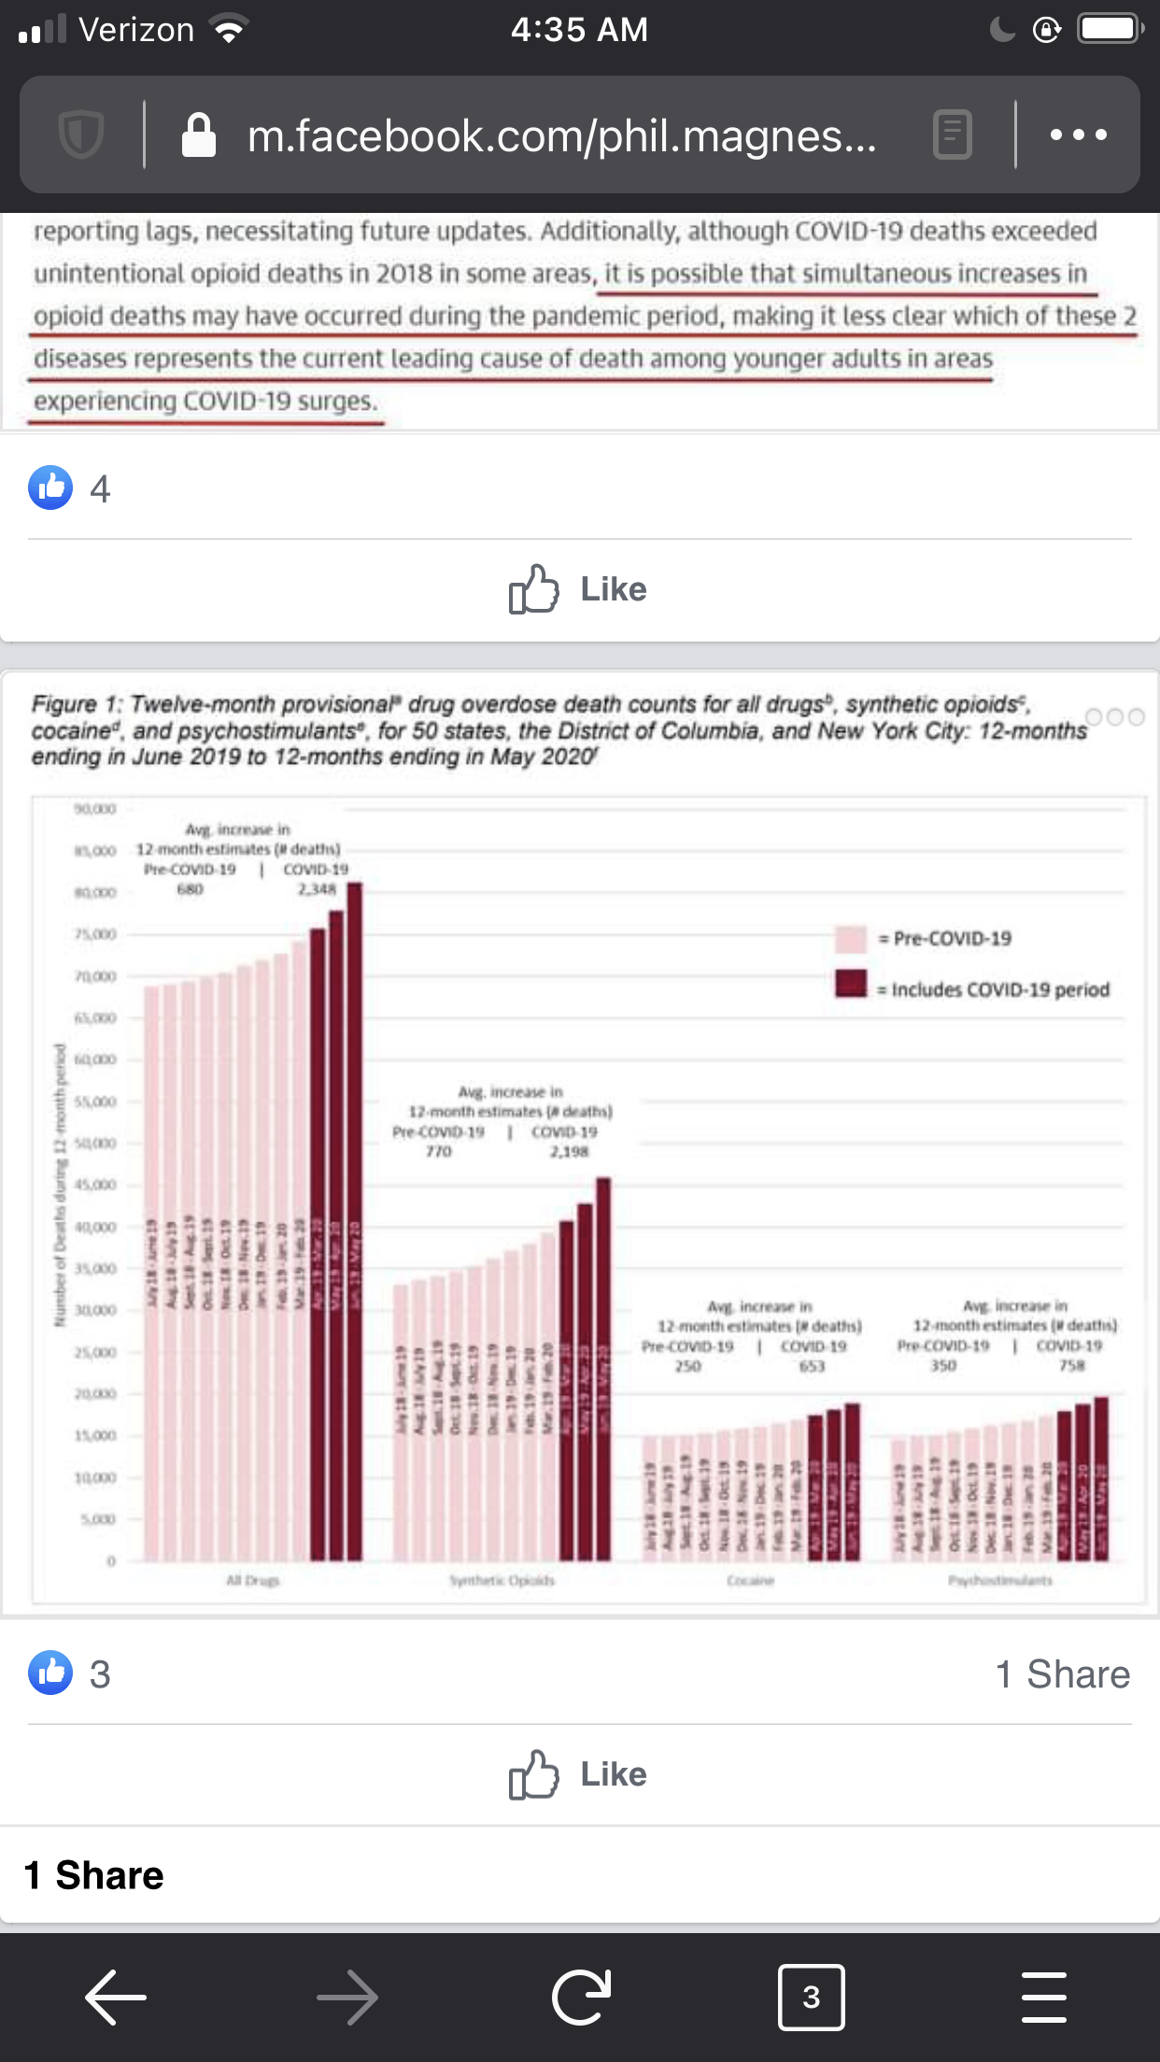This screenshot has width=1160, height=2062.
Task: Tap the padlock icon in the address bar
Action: [199, 135]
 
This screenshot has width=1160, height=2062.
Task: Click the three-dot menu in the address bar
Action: [1078, 135]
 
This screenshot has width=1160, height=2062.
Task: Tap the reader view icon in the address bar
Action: [953, 135]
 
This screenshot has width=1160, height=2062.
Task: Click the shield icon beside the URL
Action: [81, 135]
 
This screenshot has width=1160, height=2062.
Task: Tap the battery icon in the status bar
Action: [1109, 29]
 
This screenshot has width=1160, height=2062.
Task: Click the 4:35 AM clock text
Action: [579, 30]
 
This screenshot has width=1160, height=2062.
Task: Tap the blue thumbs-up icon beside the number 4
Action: [50, 487]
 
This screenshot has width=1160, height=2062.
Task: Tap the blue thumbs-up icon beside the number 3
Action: [50, 1673]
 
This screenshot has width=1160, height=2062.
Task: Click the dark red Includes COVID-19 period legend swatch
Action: [851, 984]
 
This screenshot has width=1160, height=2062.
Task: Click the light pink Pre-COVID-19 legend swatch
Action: [851, 939]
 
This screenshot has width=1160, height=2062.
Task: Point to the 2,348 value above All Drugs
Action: [317, 889]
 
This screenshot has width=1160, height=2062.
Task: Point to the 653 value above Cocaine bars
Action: [812, 1366]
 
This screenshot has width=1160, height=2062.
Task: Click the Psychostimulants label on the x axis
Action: [1000, 1580]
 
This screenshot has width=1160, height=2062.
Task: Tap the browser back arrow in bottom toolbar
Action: [116, 1998]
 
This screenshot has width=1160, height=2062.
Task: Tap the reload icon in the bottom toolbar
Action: [581, 1998]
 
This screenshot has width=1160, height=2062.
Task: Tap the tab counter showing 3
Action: [811, 1998]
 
